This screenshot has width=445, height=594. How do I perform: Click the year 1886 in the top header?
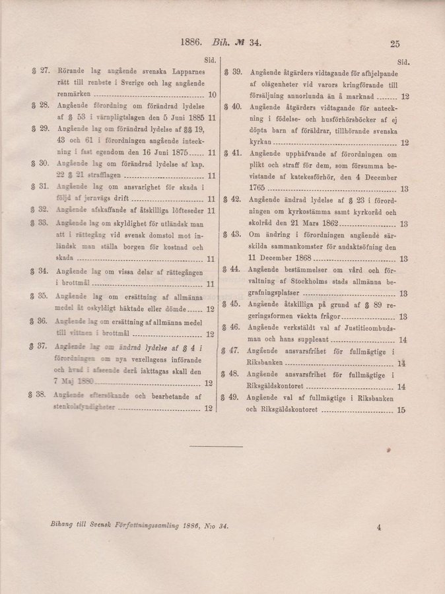point(192,44)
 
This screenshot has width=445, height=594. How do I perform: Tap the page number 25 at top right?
point(395,45)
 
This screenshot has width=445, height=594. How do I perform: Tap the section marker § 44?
point(234,269)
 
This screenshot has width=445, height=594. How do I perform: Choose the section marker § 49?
point(233,397)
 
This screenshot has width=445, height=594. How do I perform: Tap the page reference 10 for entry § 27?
point(212,95)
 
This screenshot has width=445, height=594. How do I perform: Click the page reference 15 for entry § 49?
point(402,410)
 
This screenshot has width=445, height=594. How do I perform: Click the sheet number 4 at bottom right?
point(380,527)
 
